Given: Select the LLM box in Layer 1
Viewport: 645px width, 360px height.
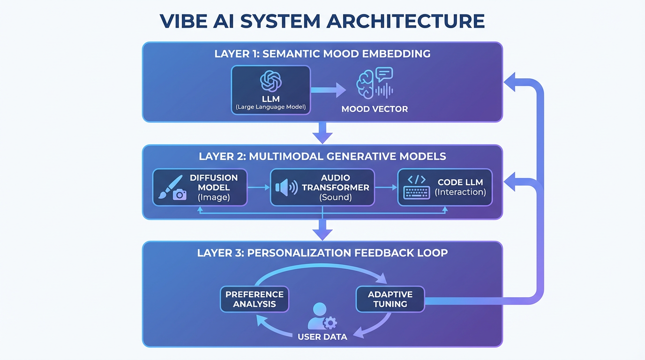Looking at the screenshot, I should point(271,90).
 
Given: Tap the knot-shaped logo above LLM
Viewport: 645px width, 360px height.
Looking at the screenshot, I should point(271,81).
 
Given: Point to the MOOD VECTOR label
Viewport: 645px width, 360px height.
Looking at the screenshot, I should point(375,109).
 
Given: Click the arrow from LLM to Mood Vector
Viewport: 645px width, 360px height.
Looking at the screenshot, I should point(328,90).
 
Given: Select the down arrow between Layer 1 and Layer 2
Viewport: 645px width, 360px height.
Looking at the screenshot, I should point(322,133).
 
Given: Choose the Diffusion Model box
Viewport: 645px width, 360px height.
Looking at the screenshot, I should point(200,187).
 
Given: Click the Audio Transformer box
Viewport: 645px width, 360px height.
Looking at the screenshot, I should point(322,187).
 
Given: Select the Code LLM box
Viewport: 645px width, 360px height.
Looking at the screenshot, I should point(445,187).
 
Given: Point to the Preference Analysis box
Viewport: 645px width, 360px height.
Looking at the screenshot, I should point(255,299).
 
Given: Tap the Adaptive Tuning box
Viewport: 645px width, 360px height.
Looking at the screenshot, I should point(390,299).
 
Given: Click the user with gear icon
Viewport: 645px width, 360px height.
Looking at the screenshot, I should point(322,316).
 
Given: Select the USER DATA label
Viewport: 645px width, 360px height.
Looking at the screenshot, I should point(322,337).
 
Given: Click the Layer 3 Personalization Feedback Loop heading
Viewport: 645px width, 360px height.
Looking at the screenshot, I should point(322,253).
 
